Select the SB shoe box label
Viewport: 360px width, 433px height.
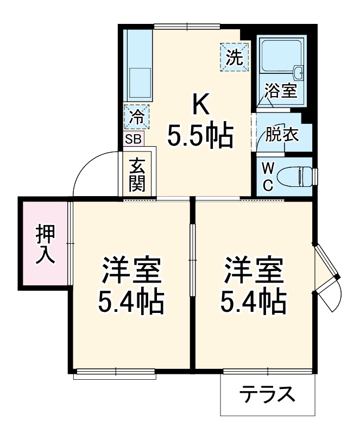click(133, 139)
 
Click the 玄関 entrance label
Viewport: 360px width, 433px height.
click(137, 174)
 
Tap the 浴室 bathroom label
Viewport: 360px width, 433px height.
click(281, 90)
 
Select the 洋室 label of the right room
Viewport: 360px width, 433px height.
click(254, 271)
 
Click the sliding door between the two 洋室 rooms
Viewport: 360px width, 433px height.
click(192, 260)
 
